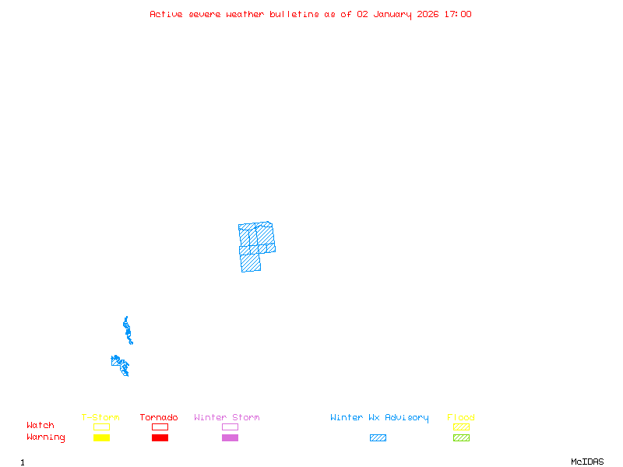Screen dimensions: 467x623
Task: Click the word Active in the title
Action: click(x=166, y=14)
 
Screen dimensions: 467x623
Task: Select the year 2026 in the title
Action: click(x=427, y=14)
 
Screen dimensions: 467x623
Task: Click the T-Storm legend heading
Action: click(x=100, y=418)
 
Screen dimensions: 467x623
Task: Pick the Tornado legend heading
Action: click(x=159, y=418)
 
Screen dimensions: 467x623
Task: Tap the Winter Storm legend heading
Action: click(x=227, y=418)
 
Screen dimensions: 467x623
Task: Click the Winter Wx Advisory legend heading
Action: click(x=379, y=418)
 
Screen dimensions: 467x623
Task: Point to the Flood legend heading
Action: click(x=461, y=418)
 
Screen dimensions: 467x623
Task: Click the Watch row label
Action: click(x=40, y=426)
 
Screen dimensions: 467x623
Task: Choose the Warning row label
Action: click(x=46, y=437)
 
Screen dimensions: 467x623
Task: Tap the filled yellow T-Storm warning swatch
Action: click(x=101, y=438)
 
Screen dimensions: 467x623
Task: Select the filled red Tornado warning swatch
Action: click(x=160, y=438)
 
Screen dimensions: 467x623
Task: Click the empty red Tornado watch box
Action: click(x=160, y=427)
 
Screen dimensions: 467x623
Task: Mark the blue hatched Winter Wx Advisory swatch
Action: click(x=378, y=438)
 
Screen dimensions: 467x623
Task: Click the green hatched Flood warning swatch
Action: click(x=461, y=438)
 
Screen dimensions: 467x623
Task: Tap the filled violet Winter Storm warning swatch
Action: click(x=230, y=438)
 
